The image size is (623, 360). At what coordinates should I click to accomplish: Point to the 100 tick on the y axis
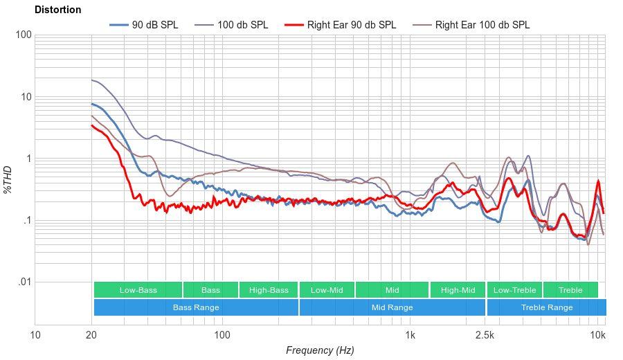tap(23, 35)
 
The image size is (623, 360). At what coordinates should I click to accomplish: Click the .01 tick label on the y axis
tap(24, 282)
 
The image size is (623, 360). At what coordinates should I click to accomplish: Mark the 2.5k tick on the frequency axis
tap(485, 336)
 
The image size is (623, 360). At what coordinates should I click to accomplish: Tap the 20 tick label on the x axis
tap(91, 336)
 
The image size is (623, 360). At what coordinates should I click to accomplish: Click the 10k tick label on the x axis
tap(598, 336)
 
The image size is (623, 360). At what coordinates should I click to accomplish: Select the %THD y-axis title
tap(8, 179)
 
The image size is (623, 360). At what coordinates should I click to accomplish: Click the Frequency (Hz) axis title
tap(320, 350)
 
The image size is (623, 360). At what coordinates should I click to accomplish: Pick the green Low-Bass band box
tap(138, 290)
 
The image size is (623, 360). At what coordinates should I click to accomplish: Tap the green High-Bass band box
tap(269, 290)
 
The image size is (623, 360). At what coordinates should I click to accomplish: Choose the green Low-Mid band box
tap(327, 290)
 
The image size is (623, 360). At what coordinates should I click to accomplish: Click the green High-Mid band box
tap(458, 290)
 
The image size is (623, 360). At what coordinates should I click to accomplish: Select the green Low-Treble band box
tap(514, 290)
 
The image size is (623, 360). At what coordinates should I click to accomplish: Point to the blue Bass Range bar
tap(196, 307)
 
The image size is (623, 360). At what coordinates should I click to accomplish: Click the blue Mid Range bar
tap(392, 307)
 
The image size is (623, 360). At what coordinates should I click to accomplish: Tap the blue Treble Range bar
tap(546, 307)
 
